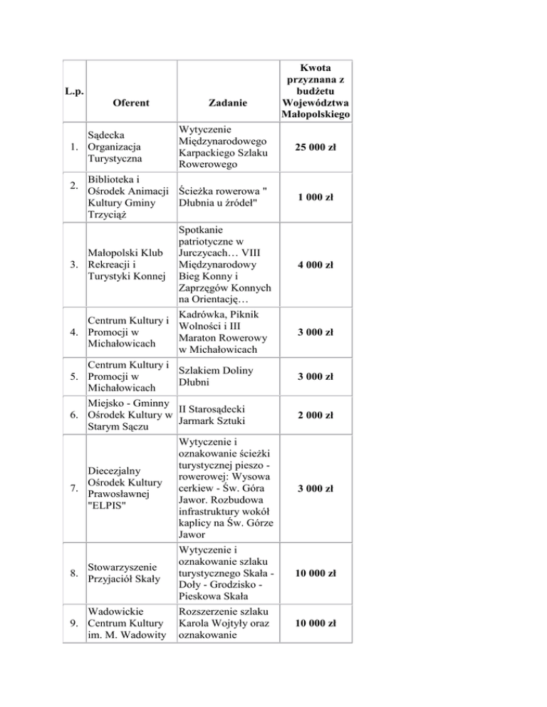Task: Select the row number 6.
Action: pos(74,415)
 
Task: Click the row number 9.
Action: pos(74,623)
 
